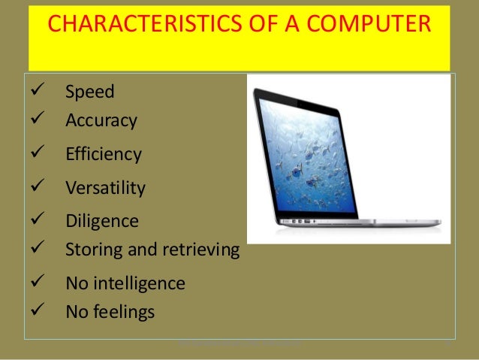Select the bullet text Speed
90,93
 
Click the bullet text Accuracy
101,120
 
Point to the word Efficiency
104,155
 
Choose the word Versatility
105,188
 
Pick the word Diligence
102,221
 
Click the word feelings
124,310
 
